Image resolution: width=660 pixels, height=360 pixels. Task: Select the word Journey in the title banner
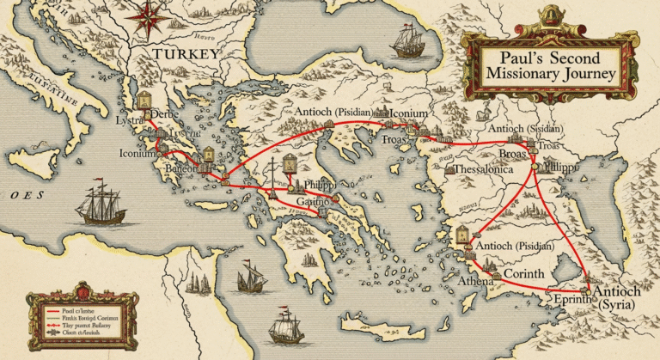pos(587,75)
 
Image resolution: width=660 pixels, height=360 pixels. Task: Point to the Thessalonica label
pos(496,170)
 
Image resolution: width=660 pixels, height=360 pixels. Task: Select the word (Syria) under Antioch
pos(614,307)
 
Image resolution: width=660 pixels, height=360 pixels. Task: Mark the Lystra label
pos(131,121)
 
